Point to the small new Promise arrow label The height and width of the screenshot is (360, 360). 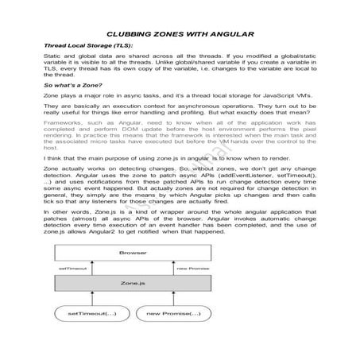point(191,268)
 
